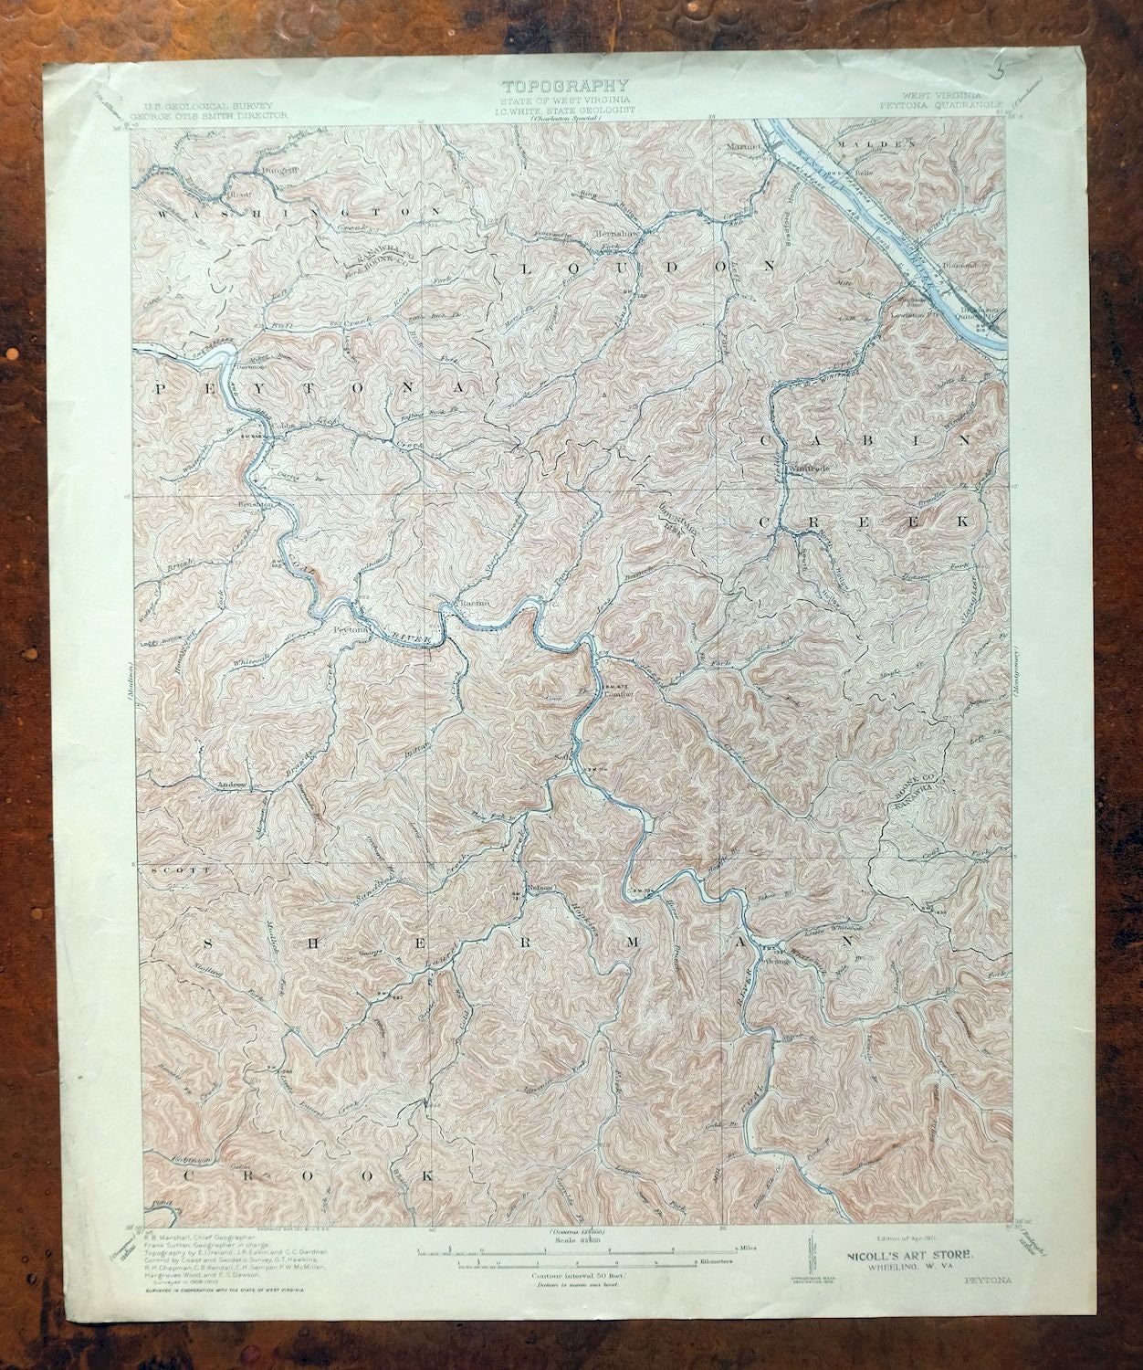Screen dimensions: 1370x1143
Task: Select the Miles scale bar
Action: pos(572,1245)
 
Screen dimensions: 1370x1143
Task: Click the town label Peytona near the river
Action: pos(351,629)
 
